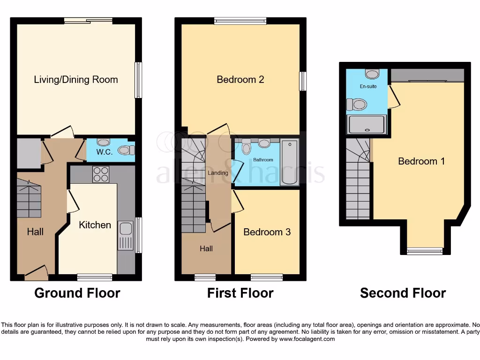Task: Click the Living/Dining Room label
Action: point(76,79)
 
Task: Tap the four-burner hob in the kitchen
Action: point(101,174)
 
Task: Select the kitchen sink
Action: point(126,229)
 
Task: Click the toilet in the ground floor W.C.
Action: point(125,150)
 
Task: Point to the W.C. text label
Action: point(104,152)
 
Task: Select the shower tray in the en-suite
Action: point(367,125)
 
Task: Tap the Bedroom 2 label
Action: point(240,79)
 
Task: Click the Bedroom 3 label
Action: point(267,232)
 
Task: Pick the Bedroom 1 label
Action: point(421,161)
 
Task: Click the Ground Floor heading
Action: point(77,293)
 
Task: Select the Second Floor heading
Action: point(403,293)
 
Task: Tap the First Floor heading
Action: point(240,293)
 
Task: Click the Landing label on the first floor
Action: point(218,173)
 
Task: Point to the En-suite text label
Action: point(368,87)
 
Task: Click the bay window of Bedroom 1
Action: point(424,251)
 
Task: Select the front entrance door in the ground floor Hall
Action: point(37,272)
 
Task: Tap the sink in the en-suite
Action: point(372,74)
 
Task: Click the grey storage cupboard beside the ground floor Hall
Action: point(28,153)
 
